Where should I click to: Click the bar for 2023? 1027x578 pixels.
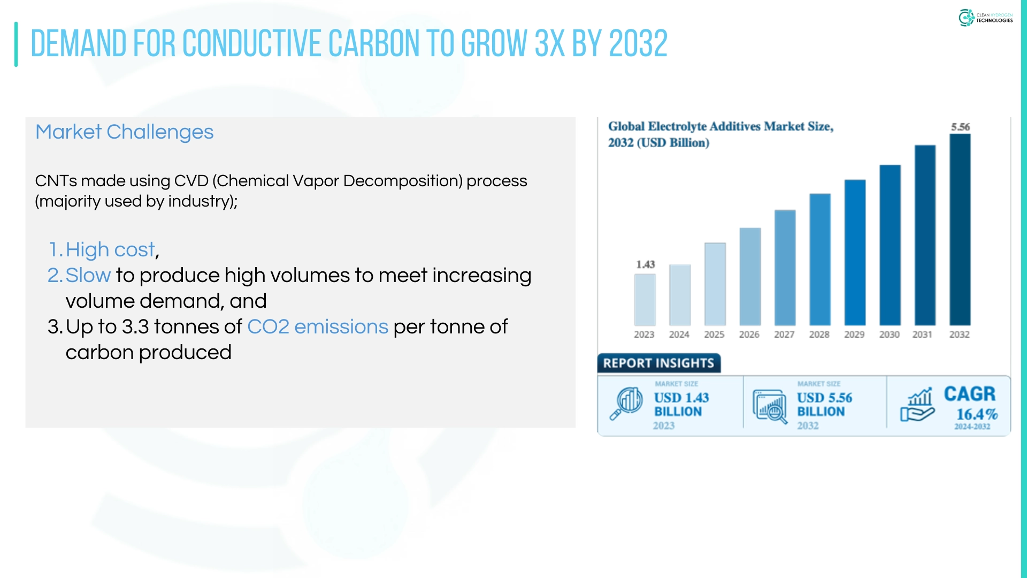click(645, 300)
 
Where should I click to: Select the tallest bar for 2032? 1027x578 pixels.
click(960, 230)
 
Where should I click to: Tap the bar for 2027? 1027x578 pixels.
click(785, 268)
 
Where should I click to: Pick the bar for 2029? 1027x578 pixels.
click(855, 253)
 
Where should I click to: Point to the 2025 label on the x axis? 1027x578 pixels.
click(714, 334)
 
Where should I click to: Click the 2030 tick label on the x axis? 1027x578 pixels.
click(890, 334)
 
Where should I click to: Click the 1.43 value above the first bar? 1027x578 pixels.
click(646, 264)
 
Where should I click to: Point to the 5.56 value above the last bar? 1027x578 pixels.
click(961, 127)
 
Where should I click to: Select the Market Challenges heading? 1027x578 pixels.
click(124, 132)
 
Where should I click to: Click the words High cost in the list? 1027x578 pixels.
click(110, 250)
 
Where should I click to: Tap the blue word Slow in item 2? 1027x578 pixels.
click(88, 276)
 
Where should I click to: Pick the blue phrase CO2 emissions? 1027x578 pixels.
click(318, 327)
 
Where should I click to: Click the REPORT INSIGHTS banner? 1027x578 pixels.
click(659, 363)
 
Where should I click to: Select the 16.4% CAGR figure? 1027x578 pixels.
click(977, 414)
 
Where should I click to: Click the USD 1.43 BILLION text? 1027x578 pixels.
click(681, 405)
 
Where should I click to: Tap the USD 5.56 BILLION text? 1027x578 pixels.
click(824, 405)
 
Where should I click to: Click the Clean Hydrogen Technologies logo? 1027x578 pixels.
click(985, 18)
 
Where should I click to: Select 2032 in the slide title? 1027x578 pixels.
click(639, 43)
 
